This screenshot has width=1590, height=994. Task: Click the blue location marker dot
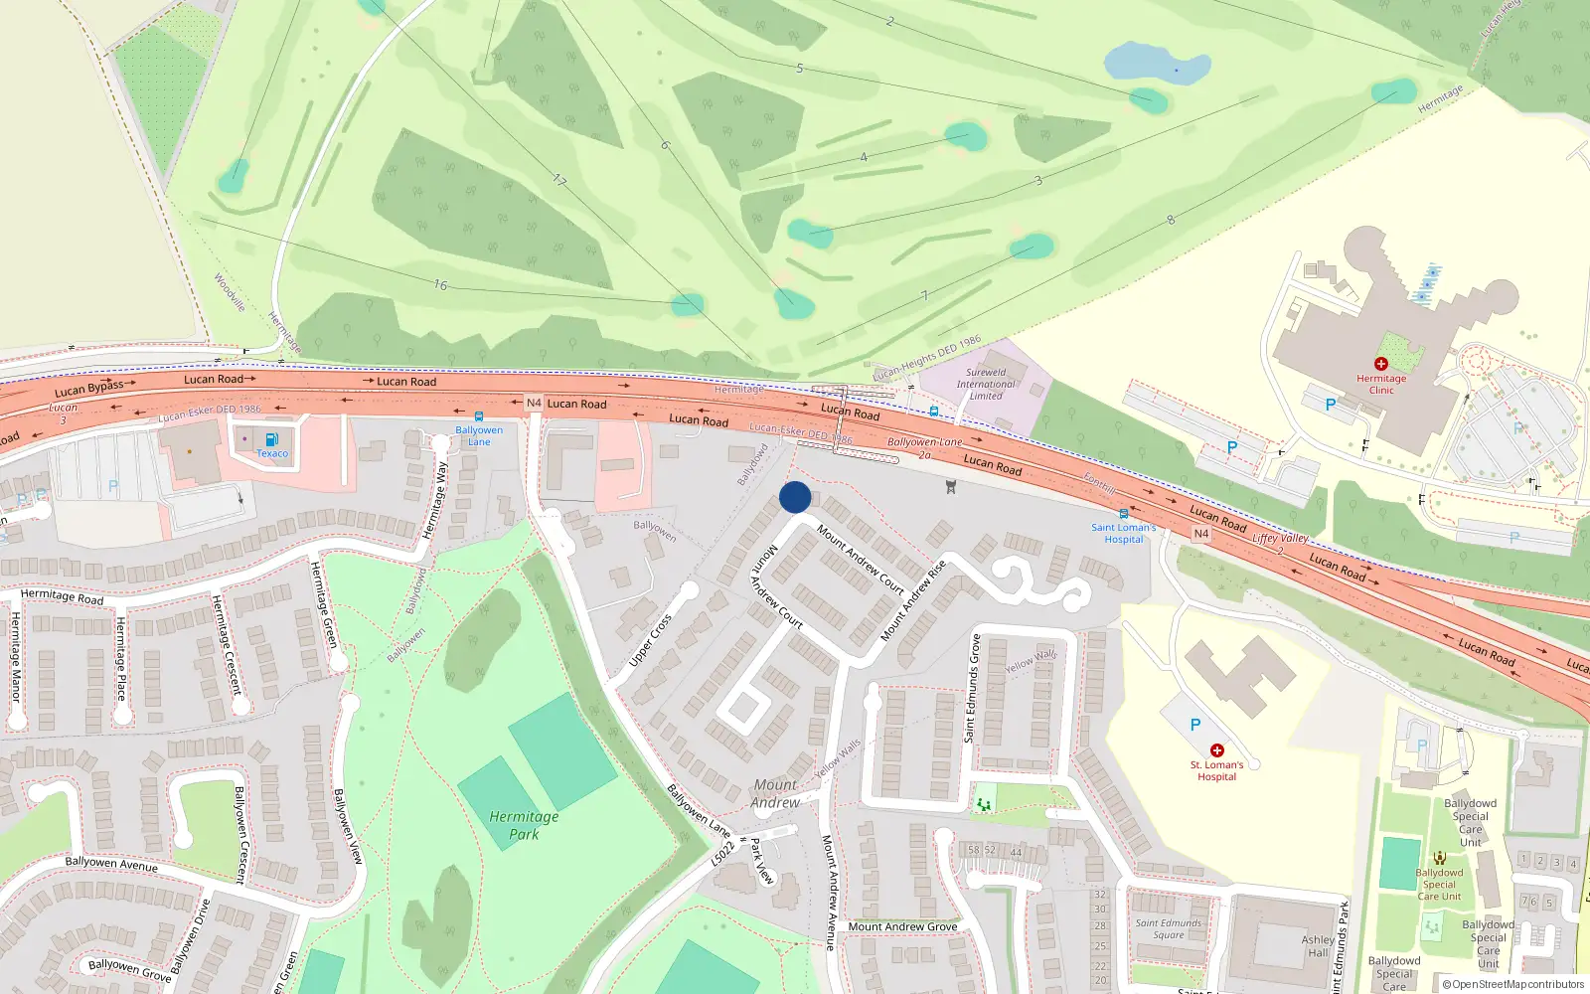tap(795, 497)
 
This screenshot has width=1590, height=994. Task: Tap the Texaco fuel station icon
tap(271, 439)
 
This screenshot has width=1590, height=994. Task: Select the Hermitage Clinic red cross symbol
tap(1380, 364)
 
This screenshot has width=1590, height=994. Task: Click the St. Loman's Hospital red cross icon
tap(1216, 750)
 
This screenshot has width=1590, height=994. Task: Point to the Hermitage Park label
tap(524, 825)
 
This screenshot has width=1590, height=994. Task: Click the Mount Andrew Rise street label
tap(913, 600)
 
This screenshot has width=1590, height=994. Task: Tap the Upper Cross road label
tap(651, 640)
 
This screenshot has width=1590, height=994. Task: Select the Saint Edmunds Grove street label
tap(972, 688)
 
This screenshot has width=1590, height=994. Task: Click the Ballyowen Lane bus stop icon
tap(479, 416)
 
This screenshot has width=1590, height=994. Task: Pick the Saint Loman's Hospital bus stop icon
tap(1124, 514)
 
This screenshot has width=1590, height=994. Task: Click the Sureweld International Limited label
tap(985, 384)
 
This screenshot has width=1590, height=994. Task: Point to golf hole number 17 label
tap(559, 180)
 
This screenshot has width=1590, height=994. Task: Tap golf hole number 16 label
tap(440, 284)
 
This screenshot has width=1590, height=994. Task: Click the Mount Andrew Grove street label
tap(902, 926)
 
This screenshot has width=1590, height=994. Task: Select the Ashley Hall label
tap(1318, 945)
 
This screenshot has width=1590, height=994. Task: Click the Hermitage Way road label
tap(435, 500)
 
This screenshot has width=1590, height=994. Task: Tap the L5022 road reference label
tap(722, 854)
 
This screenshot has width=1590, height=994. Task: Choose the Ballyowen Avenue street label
tap(111, 863)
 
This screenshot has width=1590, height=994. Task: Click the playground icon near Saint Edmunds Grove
tap(984, 803)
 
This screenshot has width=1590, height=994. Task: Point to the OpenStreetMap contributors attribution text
tap(1512, 984)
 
